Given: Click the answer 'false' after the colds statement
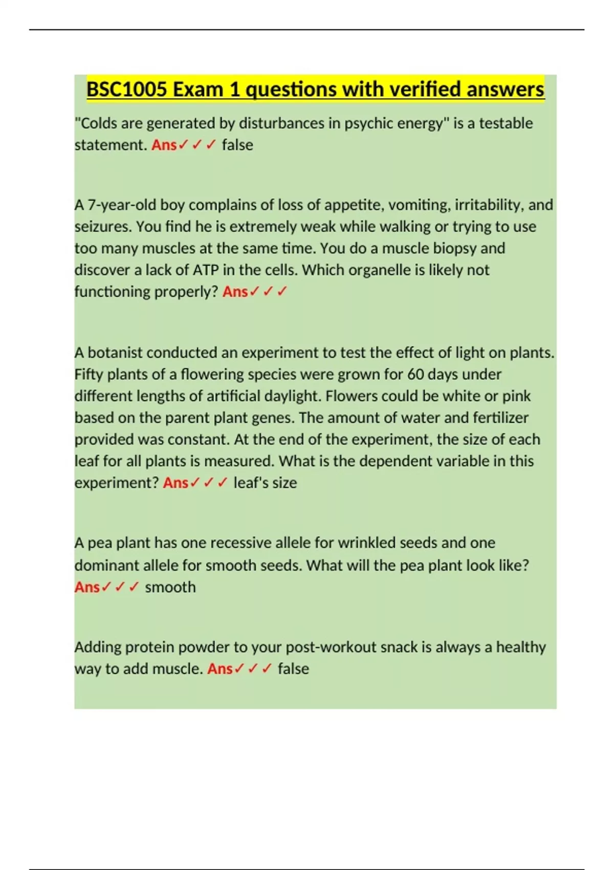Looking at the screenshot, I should (237, 145).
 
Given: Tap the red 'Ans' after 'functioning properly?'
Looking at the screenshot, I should (235, 292).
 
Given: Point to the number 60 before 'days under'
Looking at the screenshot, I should (415, 375).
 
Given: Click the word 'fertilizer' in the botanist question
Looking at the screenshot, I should (500, 418).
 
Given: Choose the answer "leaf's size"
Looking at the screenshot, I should (265, 483).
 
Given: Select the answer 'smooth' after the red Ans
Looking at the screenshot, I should (170, 587).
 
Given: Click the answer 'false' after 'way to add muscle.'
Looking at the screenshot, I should (293, 669).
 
